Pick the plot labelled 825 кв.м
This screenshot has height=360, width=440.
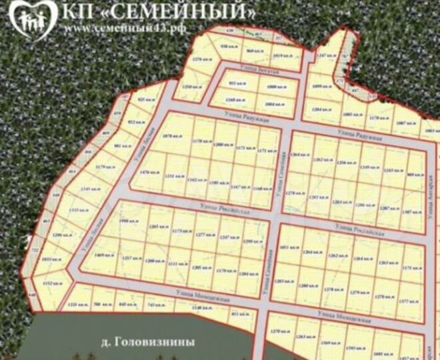point(145,99)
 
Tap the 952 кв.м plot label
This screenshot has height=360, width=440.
point(135,123)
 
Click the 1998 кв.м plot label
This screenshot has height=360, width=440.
point(127,221)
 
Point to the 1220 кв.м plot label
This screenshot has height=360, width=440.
point(78,305)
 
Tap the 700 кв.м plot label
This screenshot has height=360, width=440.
point(101,305)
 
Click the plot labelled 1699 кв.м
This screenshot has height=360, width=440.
point(322,87)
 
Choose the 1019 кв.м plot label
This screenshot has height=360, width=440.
point(282,55)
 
